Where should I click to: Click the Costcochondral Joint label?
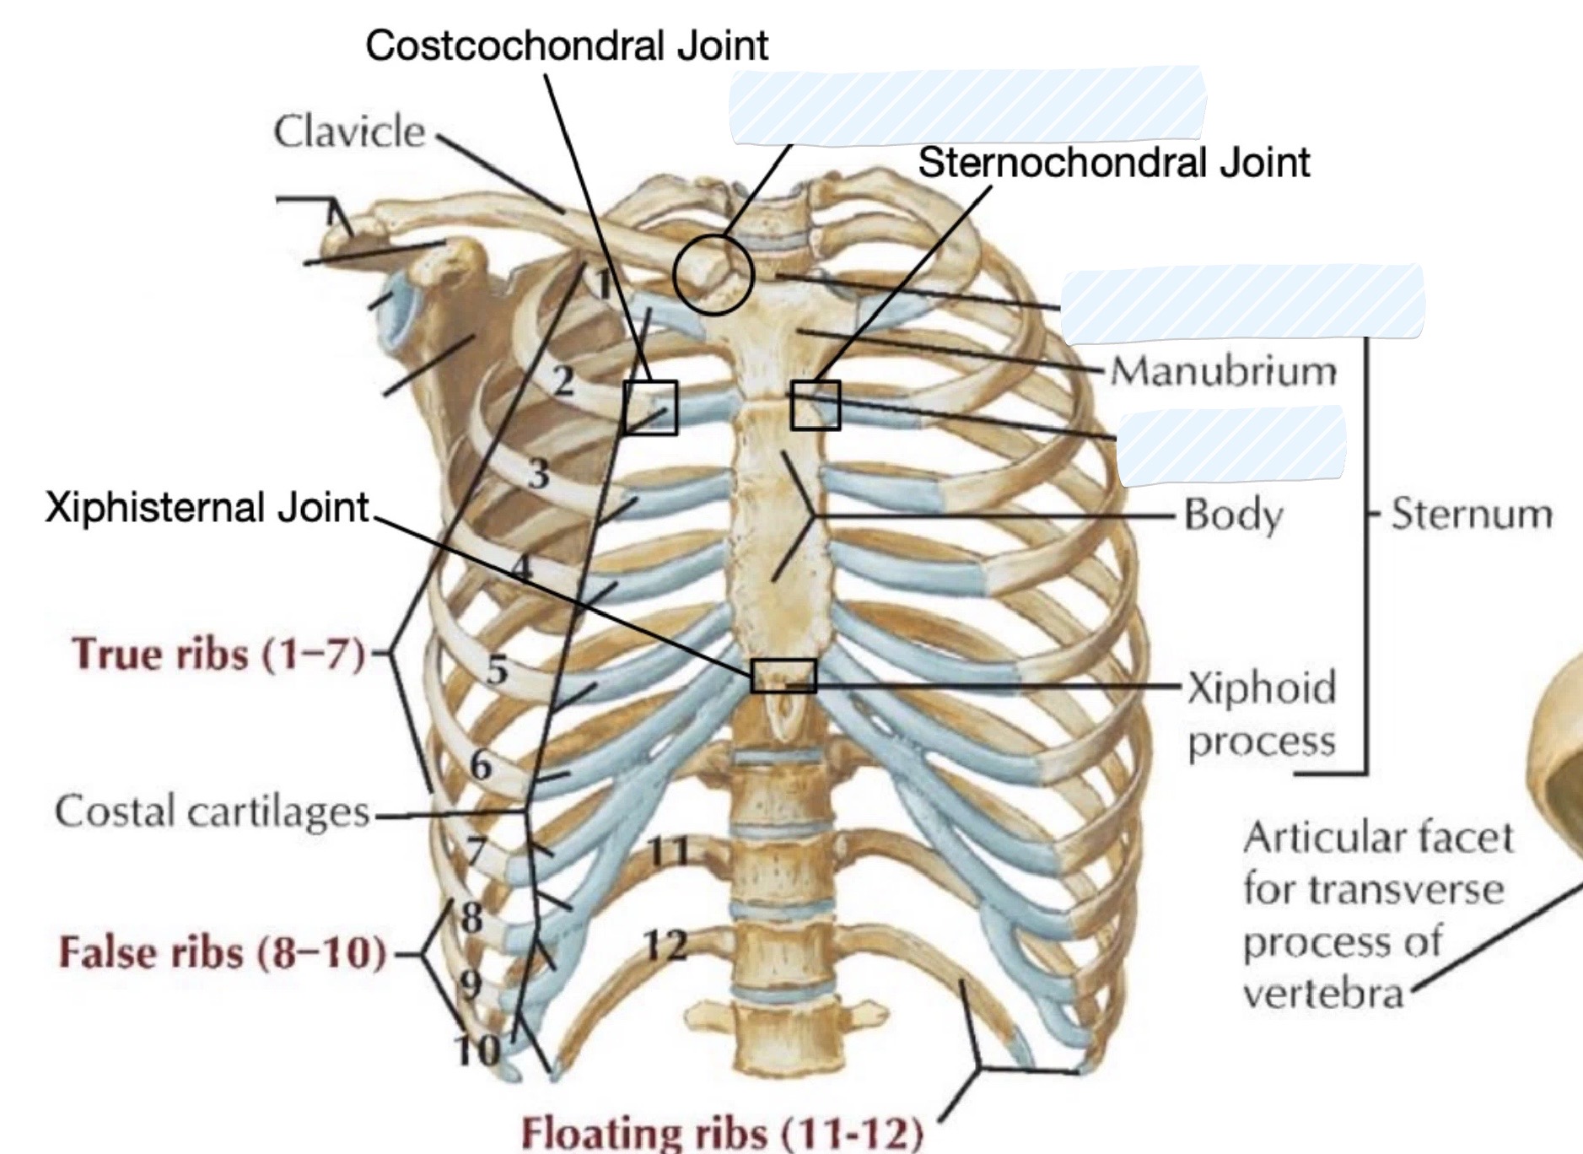click(567, 46)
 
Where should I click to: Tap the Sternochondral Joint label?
click(1114, 162)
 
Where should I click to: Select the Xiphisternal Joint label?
click(207, 508)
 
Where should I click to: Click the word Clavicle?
click(349, 132)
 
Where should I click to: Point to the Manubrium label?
click(1224, 370)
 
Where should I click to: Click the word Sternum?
click(1472, 513)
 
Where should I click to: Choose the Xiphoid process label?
click(1262, 714)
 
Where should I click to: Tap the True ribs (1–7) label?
click(219, 654)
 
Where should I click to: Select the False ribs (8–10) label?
click(223, 952)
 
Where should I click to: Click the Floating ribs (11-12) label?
click(722, 1132)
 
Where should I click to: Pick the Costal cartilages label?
click(212, 812)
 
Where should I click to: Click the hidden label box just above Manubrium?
click(1242, 303)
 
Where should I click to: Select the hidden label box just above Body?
click(1231, 445)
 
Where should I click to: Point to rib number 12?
click(666, 946)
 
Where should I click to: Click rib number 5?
click(498, 670)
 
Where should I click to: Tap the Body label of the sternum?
click(1233, 514)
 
